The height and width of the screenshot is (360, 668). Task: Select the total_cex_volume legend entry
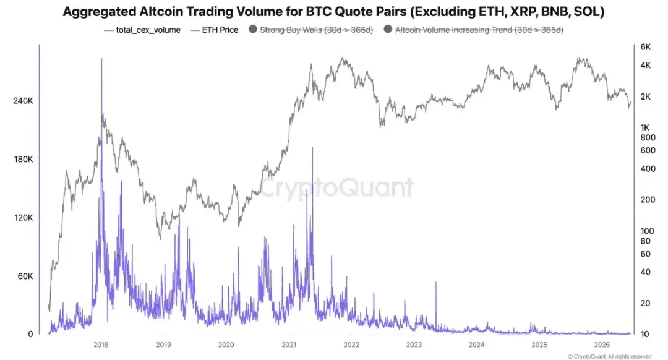click(x=142, y=30)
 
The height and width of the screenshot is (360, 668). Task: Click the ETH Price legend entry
click(x=214, y=30)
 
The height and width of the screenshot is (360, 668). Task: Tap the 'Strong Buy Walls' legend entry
click(x=311, y=30)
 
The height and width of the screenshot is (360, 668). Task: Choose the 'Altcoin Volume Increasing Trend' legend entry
click(x=474, y=30)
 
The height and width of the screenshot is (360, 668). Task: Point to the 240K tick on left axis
click(x=23, y=101)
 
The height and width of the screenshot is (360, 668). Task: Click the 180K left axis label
click(x=23, y=160)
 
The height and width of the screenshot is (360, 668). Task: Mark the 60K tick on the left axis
click(x=25, y=276)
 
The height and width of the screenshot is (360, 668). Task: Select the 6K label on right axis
click(x=645, y=47)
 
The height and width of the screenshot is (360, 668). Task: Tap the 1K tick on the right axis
click(x=645, y=127)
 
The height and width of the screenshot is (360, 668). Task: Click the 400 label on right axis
click(x=648, y=169)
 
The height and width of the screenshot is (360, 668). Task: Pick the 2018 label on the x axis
click(x=101, y=345)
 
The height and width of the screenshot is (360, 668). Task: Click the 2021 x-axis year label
click(x=289, y=345)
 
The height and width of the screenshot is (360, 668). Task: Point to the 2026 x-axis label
click(x=602, y=345)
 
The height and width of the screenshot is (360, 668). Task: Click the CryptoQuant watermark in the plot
click(x=336, y=188)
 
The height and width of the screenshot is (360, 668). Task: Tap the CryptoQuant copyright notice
click(x=610, y=356)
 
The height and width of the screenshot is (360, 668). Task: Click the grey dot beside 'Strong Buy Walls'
click(x=252, y=29)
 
